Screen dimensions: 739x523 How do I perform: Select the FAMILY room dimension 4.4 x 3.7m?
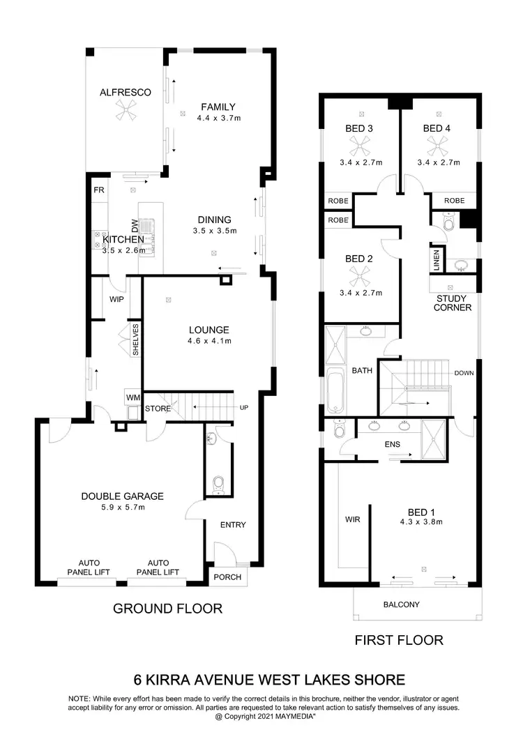tap(219, 119)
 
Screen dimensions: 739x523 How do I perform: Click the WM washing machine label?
tap(132, 397)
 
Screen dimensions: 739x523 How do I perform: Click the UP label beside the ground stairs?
tap(243, 407)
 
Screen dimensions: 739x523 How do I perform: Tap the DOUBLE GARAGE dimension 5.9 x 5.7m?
tap(122, 508)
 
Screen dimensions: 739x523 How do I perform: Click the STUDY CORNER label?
tap(454, 303)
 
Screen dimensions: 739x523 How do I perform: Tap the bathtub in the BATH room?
tap(335, 394)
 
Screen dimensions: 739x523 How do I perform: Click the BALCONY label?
tap(402, 604)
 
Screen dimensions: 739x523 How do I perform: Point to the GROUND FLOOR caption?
tap(167, 609)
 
